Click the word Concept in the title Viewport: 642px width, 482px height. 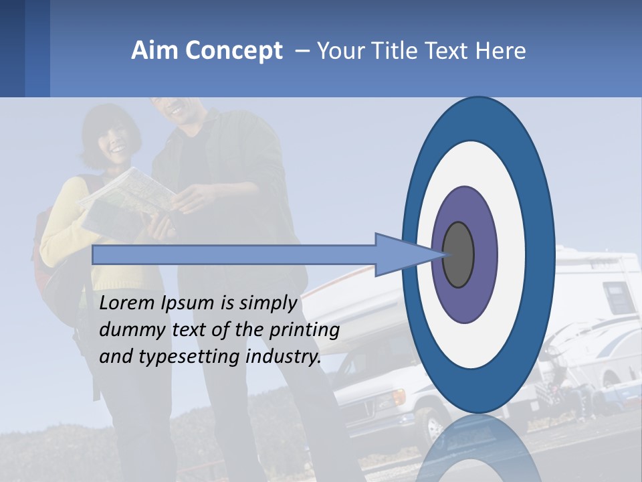coord(234,52)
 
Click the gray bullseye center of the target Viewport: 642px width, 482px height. coord(459,255)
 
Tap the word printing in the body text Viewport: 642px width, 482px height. coord(304,330)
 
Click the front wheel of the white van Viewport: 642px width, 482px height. coord(435,426)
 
